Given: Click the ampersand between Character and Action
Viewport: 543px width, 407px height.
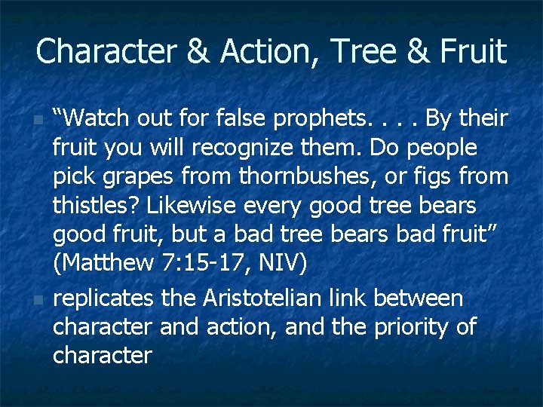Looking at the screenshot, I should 197,51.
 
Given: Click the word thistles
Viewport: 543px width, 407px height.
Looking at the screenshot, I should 94,206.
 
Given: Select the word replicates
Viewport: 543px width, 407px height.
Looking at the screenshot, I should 103,298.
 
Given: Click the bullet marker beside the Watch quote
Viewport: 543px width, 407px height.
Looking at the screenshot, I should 38,119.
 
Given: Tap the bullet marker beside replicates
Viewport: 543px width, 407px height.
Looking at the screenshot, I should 38,299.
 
